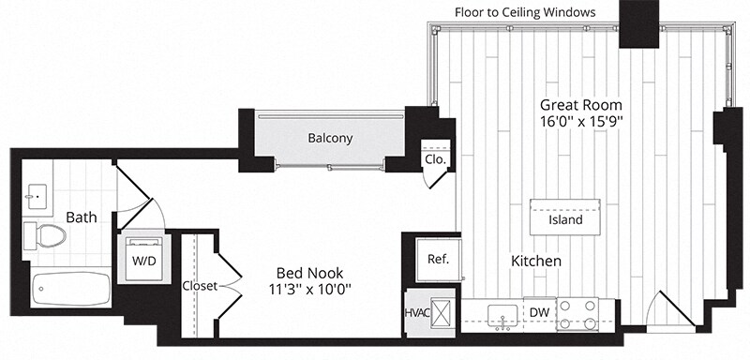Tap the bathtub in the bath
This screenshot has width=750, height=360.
71,289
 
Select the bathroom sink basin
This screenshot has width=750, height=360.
37,197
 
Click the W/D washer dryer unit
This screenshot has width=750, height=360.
144,259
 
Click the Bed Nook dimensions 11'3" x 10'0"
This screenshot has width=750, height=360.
310,290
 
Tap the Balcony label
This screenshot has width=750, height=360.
330,139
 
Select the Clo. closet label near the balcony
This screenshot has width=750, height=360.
435,160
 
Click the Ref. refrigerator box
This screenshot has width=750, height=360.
439,260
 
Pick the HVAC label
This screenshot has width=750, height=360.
417,313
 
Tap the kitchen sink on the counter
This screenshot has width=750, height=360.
502,316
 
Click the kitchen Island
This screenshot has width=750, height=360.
565,217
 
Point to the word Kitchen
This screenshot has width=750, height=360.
536,261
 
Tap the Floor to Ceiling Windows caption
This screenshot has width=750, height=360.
525,12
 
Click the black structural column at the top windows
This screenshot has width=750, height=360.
639,23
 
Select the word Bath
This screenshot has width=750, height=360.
82,217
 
